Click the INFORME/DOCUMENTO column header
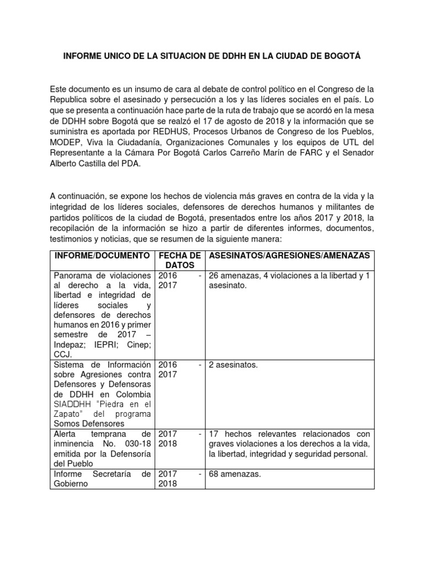pyautogui.click(x=102, y=255)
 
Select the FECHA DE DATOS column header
pyautogui.click(x=179, y=260)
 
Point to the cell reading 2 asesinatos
pyautogui.click(x=232, y=365)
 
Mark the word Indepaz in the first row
pyautogui.click(x=68, y=345)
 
